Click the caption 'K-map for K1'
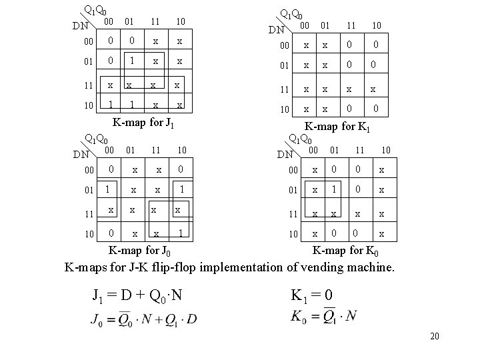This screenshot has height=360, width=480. [x=337, y=127]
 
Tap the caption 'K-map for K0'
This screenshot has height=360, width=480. [x=347, y=251]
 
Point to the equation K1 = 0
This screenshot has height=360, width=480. [x=320, y=296]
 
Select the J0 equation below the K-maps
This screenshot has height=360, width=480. [x=143, y=318]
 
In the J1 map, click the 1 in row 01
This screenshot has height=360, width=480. [x=133, y=60]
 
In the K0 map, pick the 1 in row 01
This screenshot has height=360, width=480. [x=334, y=190]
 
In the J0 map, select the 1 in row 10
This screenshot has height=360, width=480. [x=181, y=233]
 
